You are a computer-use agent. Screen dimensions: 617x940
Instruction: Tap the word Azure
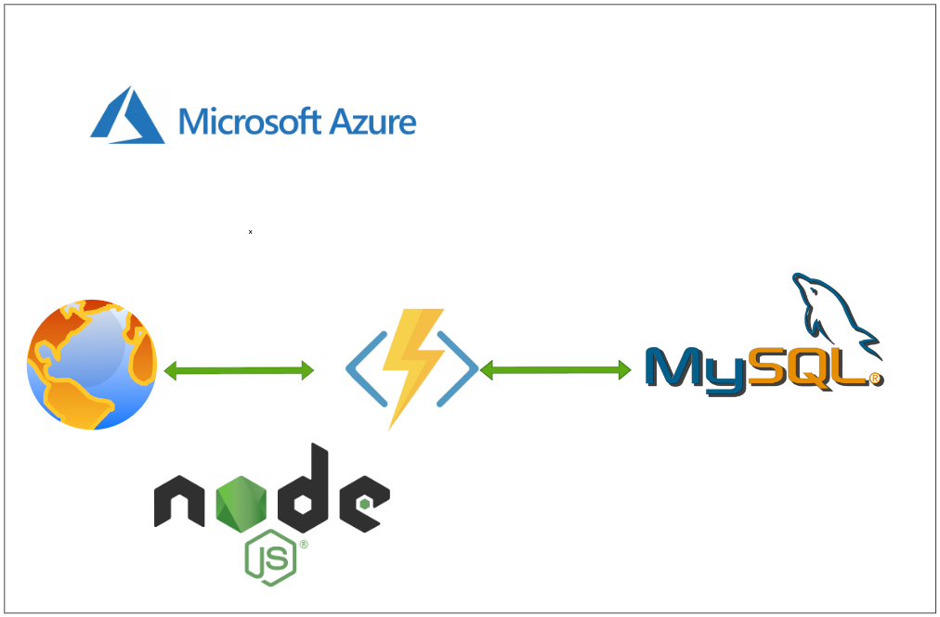click(x=371, y=122)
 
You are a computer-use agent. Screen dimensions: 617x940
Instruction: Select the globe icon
click(x=92, y=365)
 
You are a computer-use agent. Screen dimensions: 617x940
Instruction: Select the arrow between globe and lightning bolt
click(x=239, y=371)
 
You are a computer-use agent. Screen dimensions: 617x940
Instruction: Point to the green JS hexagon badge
click(x=270, y=559)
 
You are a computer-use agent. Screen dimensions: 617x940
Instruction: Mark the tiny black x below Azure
click(x=250, y=231)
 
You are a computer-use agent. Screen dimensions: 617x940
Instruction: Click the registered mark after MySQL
click(x=874, y=379)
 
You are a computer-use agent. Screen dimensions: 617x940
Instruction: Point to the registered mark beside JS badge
click(x=303, y=545)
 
